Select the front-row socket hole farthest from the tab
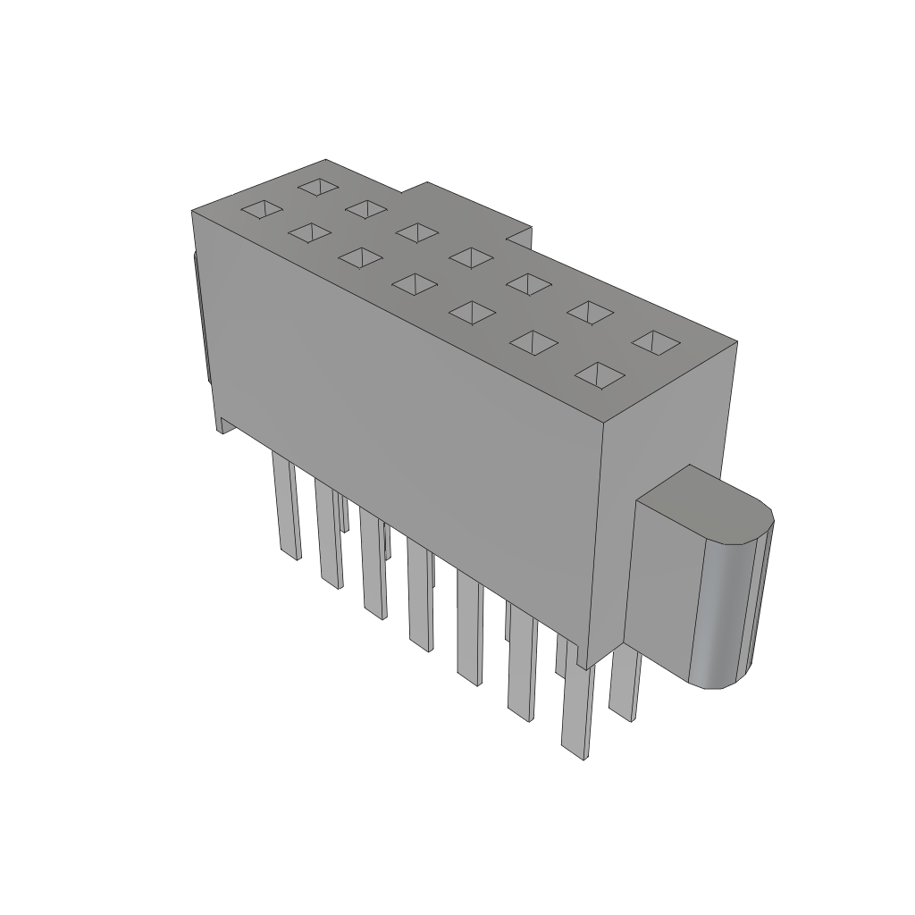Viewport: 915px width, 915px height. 264,210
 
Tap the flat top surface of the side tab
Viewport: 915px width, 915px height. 706,505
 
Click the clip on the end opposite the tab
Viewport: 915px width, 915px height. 201,322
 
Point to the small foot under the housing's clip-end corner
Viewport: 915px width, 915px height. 222,425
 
